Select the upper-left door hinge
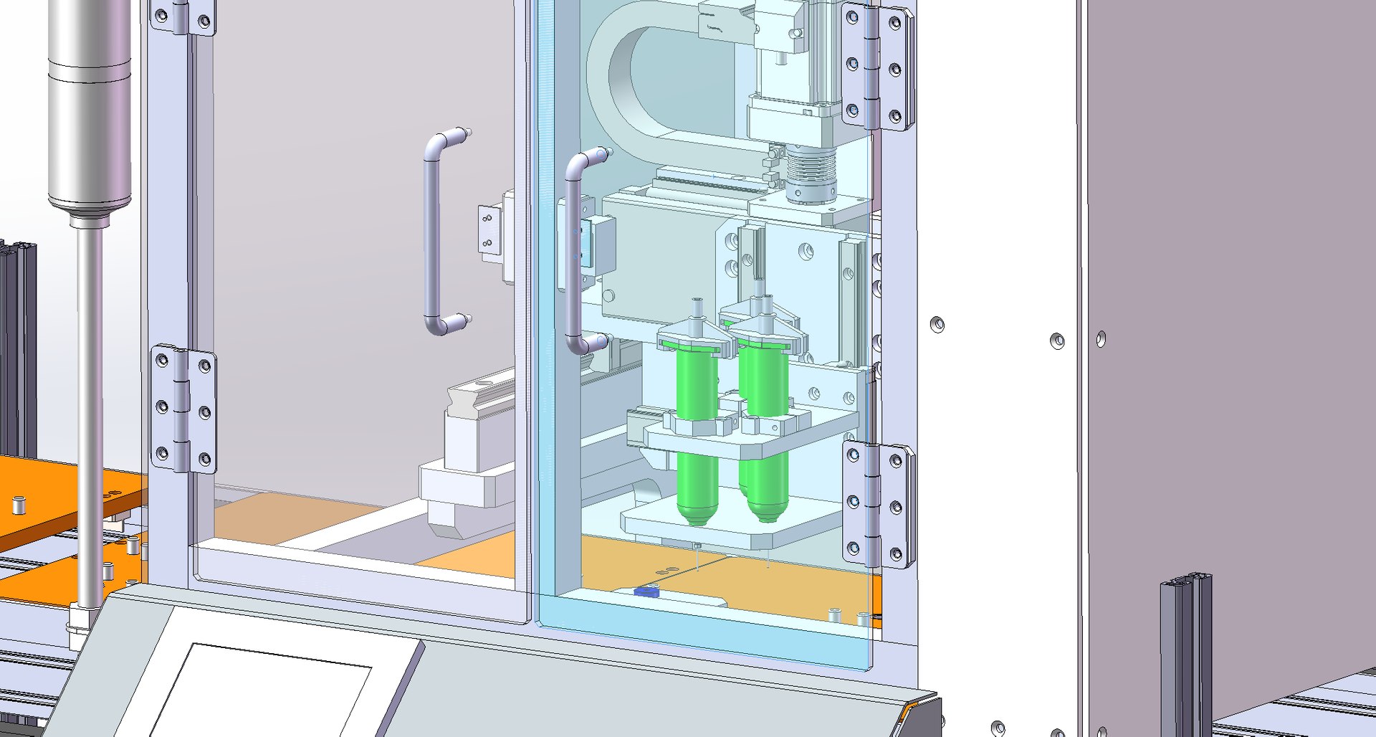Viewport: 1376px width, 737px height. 183,17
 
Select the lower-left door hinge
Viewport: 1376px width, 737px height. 183,409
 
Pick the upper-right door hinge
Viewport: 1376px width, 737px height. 876,67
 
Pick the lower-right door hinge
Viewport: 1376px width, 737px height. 877,503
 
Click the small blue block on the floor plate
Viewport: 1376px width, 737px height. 646,591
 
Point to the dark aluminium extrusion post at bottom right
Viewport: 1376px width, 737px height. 1186,652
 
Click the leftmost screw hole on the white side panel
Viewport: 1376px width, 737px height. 937,325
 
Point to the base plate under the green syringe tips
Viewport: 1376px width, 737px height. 724,527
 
